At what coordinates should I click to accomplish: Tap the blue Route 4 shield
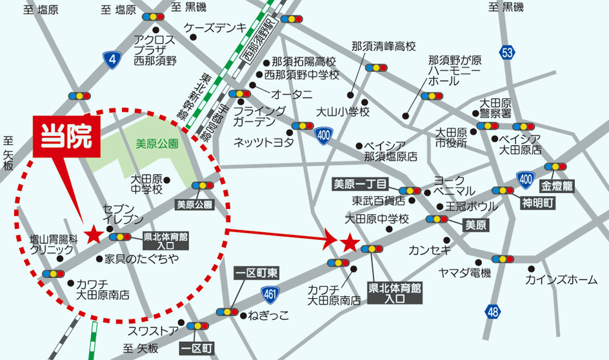[x=112, y=61]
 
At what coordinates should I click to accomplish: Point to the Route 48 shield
[x=494, y=312]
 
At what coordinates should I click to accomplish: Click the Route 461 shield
[x=271, y=295]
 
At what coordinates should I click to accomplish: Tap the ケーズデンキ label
[x=215, y=28]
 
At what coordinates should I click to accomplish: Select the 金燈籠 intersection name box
[x=557, y=185]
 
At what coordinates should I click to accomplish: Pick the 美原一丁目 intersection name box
[x=359, y=183]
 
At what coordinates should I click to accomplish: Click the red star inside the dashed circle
[x=94, y=234]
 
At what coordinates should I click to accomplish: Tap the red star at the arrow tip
[x=349, y=243]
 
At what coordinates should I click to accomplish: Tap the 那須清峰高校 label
[x=384, y=46]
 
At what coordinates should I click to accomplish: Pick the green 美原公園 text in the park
[x=157, y=144]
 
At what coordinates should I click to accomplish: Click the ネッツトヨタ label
[x=263, y=141]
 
